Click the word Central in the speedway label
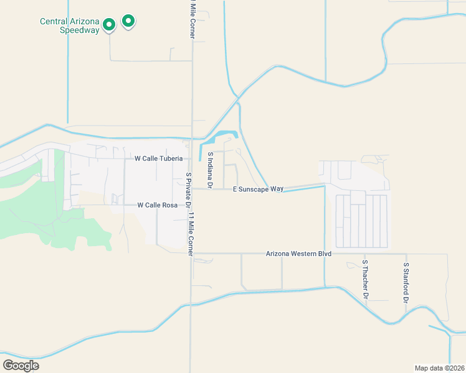coord(54,21)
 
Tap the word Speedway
coord(80,30)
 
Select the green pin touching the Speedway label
coord(109,25)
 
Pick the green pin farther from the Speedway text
coord(128,21)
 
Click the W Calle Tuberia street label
coord(159,159)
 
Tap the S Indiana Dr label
coord(211,170)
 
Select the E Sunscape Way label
coord(258,188)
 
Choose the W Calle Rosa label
coord(158,205)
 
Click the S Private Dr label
coord(188,190)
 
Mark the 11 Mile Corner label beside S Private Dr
coord(193,233)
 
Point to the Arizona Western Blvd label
coord(298,254)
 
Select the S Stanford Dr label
coord(406,282)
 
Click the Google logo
coord(21,365)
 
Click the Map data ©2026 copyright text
coord(439,367)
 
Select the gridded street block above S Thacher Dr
coord(361,221)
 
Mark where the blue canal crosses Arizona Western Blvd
coord(325,254)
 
